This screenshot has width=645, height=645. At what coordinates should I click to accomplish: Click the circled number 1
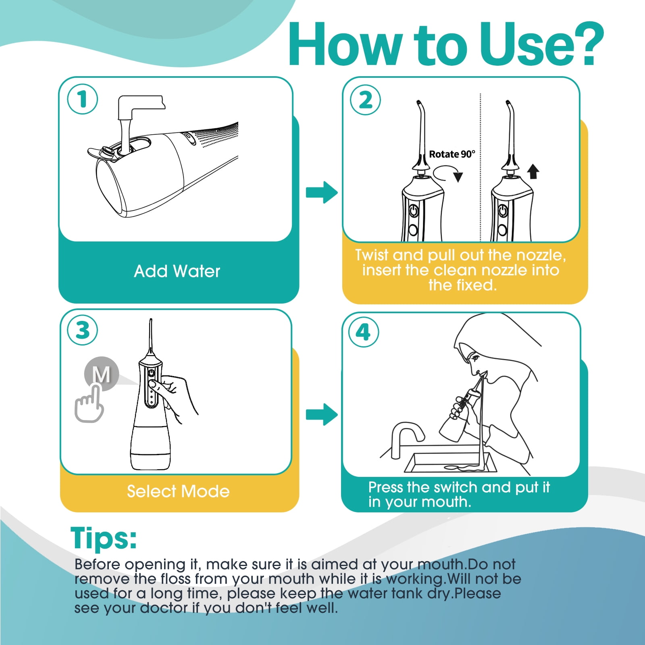click(83, 99)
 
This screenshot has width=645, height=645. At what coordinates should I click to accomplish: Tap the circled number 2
click(366, 100)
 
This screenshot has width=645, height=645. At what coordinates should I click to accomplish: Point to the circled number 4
click(364, 333)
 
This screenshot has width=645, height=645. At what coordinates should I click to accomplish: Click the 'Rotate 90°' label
click(452, 154)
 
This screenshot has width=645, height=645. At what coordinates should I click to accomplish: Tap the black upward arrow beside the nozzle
click(533, 171)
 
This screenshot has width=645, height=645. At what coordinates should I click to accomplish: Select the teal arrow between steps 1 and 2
click(322, 192)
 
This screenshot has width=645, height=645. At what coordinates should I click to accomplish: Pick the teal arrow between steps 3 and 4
click(322, 414)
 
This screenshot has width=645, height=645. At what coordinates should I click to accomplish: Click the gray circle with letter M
click(102, 374)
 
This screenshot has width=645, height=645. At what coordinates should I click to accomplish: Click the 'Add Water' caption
click(177, 271)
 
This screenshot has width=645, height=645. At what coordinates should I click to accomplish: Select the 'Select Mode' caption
click(178, 491)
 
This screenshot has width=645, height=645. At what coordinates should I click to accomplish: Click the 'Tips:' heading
click(104, 538)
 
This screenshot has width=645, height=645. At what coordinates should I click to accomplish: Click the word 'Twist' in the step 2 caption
click(372, 255)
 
